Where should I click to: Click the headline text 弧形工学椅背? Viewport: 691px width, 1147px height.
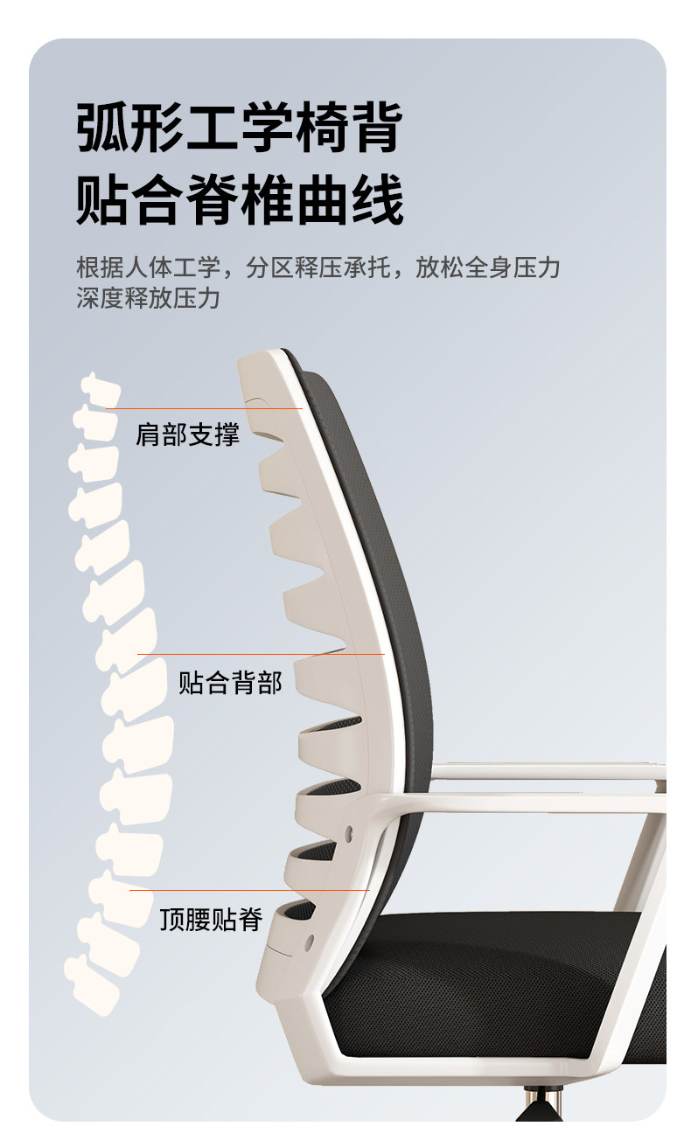coord(239,128)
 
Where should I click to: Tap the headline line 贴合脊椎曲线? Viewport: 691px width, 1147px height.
coord(239,200)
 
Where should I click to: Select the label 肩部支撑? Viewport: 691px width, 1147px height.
coord(187,434)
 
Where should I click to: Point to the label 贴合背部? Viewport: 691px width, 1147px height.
coord(230,682)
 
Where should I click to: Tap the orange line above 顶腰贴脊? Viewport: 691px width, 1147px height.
coord(249,891)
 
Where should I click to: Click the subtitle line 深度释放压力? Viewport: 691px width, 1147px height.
coord(147,298)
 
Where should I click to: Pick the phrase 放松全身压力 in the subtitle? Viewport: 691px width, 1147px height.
coord(487,268)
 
